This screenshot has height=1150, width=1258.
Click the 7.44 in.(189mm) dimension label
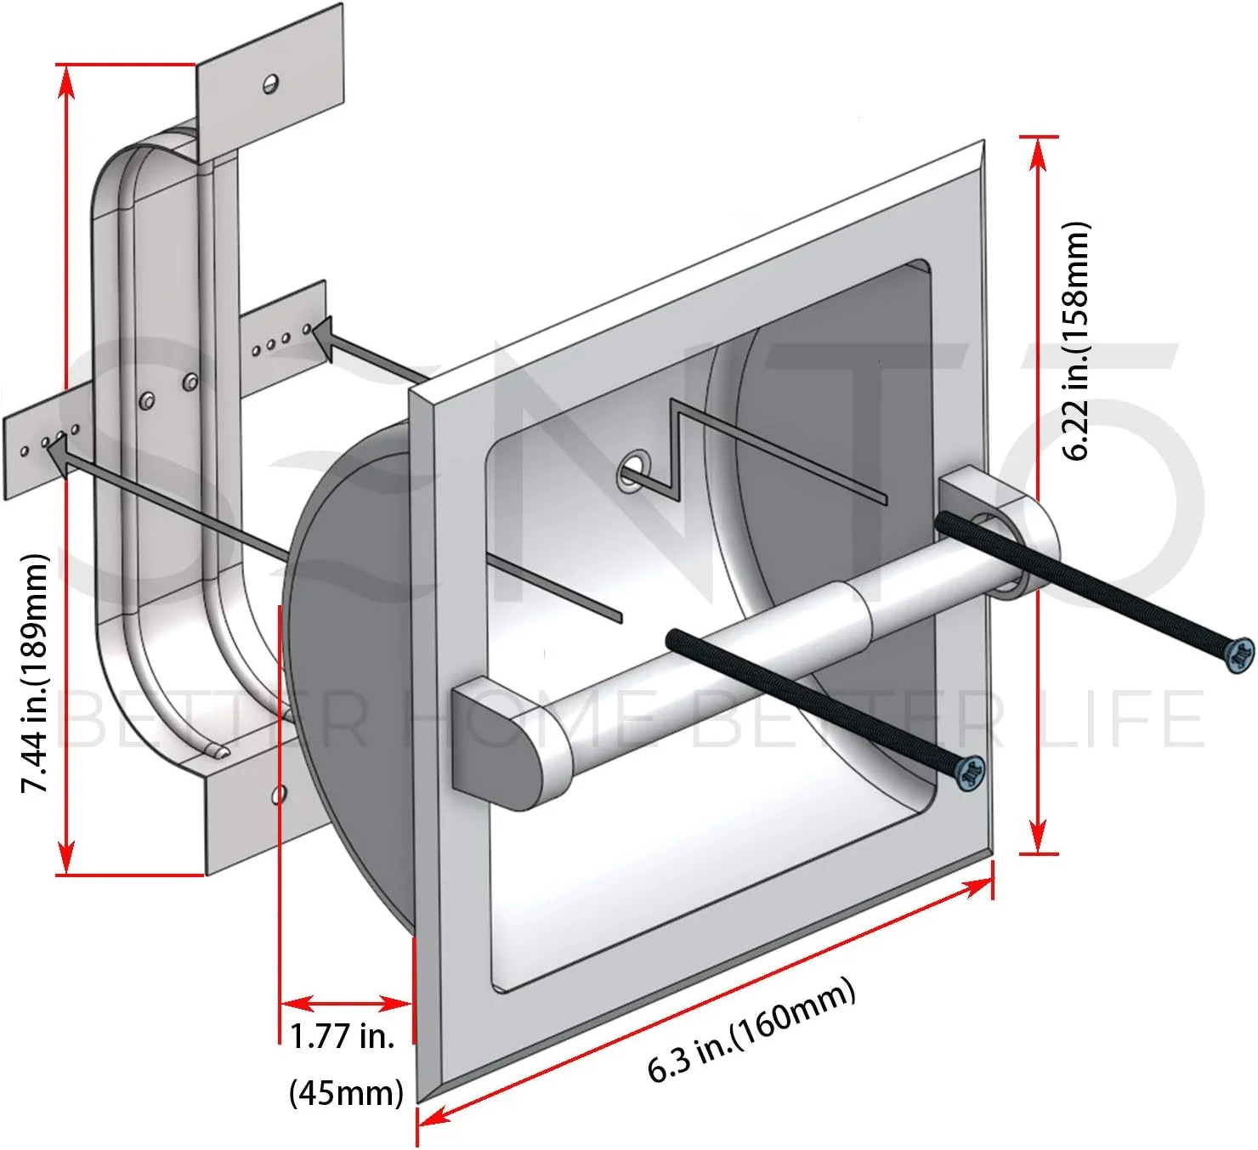click(x=34, y=673)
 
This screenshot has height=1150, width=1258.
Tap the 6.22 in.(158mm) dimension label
click(x=1076, y=341)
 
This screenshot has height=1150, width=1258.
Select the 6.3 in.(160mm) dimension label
click(x=751, y=1030)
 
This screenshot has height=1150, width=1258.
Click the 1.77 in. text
click(x=343, y=1036)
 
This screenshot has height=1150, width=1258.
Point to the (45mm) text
click(x=346, y=1091)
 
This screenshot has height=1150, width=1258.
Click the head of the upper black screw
click(x=1242, y=654)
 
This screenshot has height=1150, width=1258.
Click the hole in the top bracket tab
click(x=271, y=83)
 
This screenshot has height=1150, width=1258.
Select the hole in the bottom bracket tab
click(x=278, y=795)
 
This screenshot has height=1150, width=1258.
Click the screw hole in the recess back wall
click(x=632, y=469)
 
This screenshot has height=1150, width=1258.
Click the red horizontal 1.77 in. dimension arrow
click(x=346, y=1004)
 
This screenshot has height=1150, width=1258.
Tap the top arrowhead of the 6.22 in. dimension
click(x=1038, y=153)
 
